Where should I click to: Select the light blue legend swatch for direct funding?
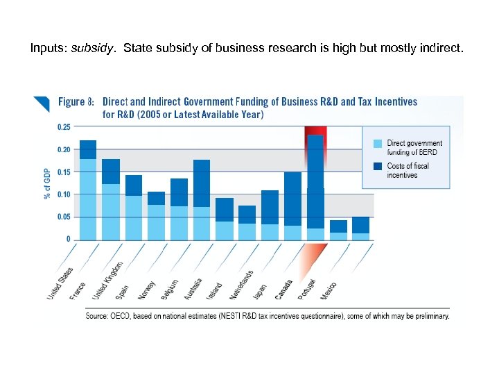click(377, 144)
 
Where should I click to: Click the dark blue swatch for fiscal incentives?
click(377, 166)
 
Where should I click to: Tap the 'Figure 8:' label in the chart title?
click(76, 102)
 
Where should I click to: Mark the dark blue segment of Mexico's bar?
click(360, 225)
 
